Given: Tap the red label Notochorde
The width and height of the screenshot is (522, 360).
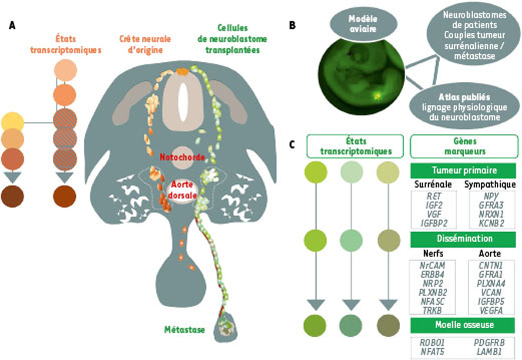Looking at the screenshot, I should [181, 157].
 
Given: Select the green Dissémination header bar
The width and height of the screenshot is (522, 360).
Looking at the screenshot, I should [463, 239].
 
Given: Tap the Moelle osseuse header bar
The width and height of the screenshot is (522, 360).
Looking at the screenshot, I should [463, 325].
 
